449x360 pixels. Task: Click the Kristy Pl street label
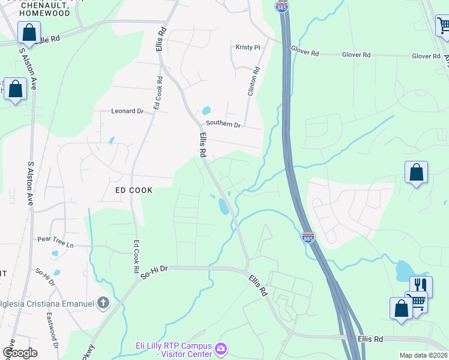[247, 47]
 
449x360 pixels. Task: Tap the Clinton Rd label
[253, 81]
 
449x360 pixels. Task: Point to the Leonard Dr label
[127, 111]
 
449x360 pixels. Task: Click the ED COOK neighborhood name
[134, 190]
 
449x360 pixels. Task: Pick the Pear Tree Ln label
[55, 245]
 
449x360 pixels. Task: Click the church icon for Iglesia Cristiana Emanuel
[103, 303]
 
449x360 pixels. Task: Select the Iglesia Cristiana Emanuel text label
[48, 304]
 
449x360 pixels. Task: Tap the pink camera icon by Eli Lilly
[221, 348]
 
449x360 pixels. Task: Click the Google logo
[20, 353]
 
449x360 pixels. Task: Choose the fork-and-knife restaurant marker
[421, 286]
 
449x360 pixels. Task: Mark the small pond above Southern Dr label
[206, 111]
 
